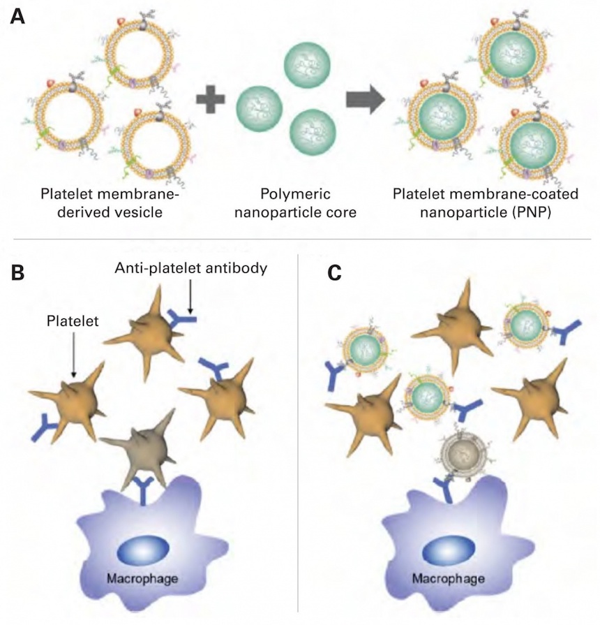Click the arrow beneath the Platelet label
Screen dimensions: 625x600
[73, 360]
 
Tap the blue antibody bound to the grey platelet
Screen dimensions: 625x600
[145, 491]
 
